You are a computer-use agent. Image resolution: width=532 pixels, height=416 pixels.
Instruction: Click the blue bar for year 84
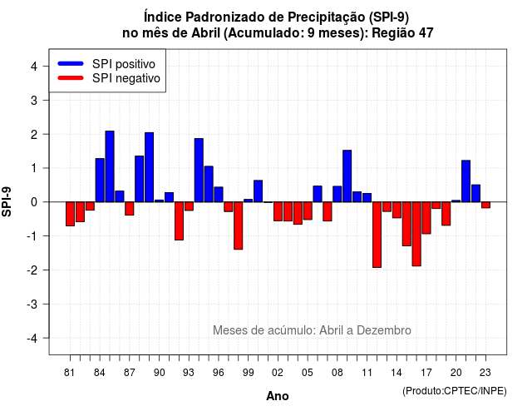point(100,180)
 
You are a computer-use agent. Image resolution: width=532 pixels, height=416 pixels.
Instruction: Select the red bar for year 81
point(70,214)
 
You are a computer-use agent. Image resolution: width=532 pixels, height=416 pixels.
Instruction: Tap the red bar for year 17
point(426,218)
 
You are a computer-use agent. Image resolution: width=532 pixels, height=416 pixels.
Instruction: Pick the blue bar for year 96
point(219,194)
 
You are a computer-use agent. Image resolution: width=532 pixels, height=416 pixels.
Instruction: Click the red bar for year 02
point(278,211)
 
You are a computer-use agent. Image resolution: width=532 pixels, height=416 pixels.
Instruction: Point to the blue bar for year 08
point(337,194)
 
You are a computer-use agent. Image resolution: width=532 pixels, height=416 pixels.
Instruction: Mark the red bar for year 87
point(130,209)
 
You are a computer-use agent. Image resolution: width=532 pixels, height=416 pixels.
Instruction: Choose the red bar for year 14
point(397,210)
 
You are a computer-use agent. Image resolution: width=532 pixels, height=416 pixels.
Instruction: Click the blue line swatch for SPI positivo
point(71,63)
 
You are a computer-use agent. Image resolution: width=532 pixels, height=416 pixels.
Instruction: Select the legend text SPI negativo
point(126,78)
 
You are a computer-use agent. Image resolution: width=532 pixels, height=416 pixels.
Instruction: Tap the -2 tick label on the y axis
point(32,270)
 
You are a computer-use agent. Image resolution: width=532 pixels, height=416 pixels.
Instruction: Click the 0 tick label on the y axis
point(34,202)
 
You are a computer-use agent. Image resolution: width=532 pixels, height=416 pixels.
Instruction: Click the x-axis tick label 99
point(248,373)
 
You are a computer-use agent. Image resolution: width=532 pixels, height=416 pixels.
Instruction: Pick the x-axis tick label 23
point(485,373)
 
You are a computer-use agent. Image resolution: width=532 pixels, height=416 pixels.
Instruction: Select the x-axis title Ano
point(278,396)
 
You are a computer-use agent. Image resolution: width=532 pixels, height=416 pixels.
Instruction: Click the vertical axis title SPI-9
point(7,201)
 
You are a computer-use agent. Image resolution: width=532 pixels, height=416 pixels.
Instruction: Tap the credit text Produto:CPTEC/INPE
point(455,391)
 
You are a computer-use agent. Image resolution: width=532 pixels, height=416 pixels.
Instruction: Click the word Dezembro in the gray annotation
point(384,330)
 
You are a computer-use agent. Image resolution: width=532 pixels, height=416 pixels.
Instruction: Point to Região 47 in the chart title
point(402,33)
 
